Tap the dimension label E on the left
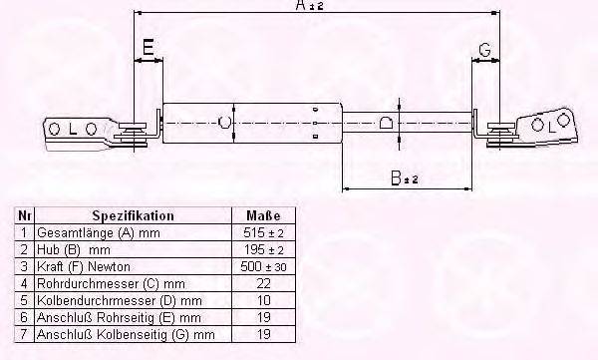click(148, 46)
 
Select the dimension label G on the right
click(484, 49)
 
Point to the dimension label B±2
click(404, 179)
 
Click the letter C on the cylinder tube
click(224, 123)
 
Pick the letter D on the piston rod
click(388, 124)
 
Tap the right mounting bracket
click(533, 126)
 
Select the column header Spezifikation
click(133, 215)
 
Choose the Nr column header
click(23, 215)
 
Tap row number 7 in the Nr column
click(23, 334)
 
